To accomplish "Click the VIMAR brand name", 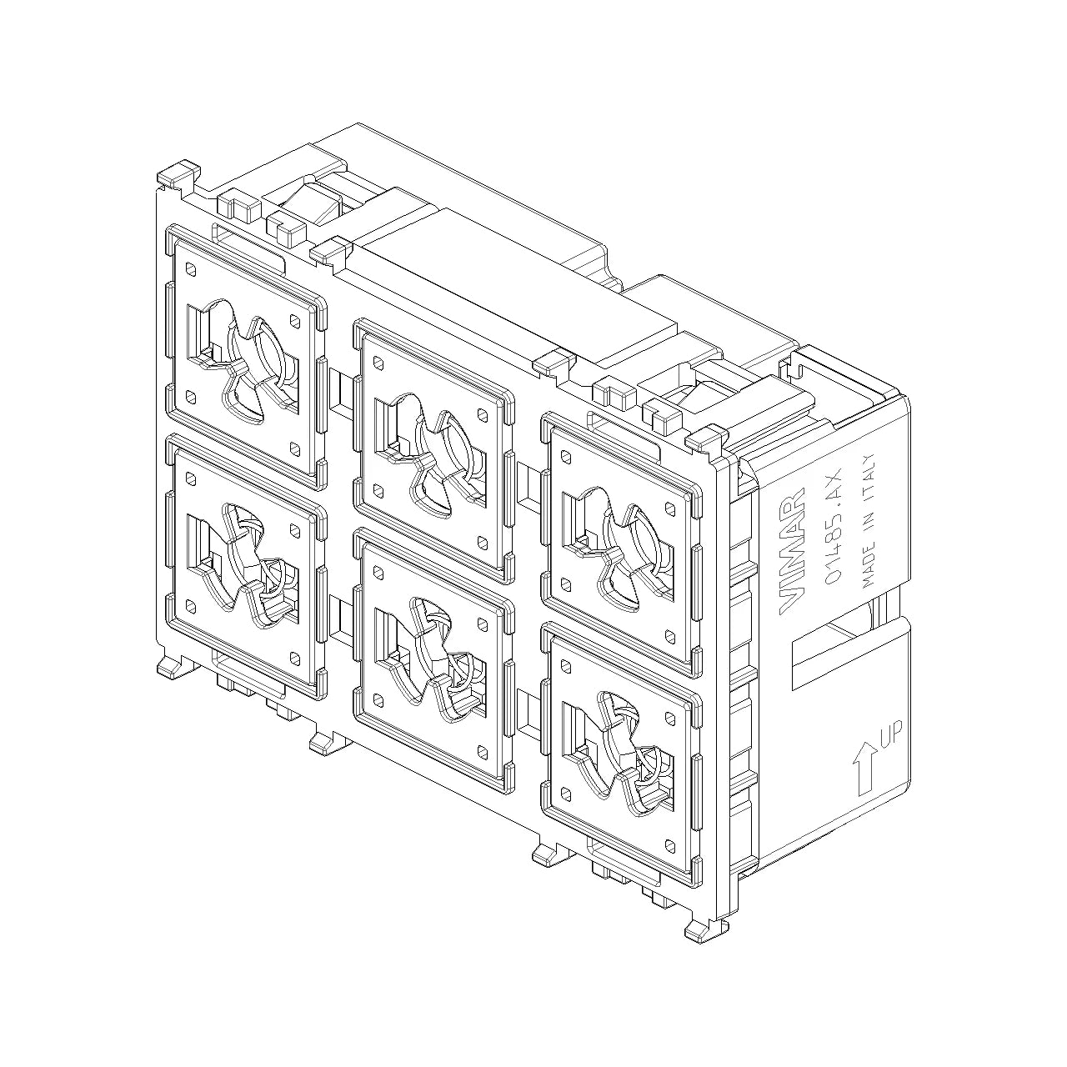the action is point(792,551).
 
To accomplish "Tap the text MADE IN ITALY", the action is point(869,520).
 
